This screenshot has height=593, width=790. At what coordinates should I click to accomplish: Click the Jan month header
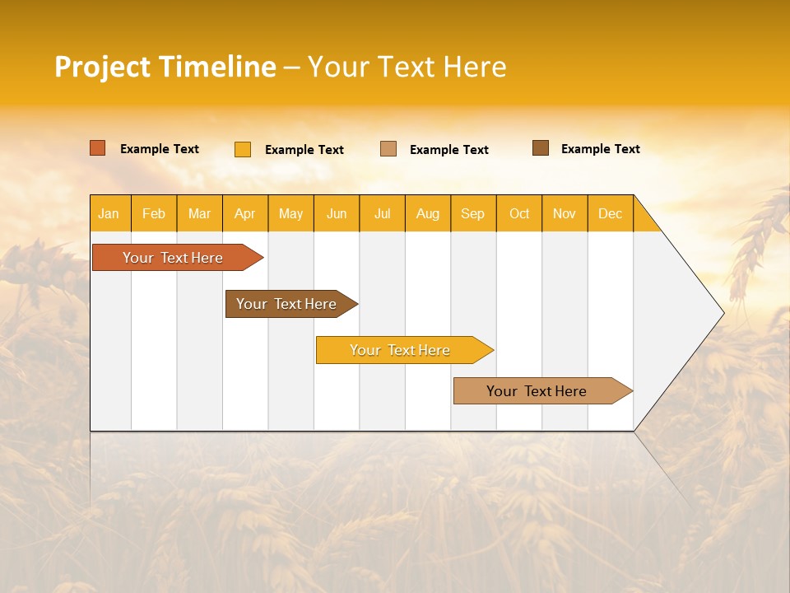point(109,213)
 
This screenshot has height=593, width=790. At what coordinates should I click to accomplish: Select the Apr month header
point(245,213)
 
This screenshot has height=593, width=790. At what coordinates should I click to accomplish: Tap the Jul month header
point(382,213)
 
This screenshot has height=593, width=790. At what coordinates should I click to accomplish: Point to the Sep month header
point(473,213)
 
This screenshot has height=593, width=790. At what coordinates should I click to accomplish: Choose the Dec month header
point(610,213)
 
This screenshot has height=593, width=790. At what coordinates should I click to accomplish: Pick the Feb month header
point(154,213)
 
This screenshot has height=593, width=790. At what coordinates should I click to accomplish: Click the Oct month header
point(519,213)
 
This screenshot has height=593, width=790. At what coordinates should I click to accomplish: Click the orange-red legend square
point(98,148)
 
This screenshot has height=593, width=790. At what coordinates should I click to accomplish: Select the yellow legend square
point(243,149)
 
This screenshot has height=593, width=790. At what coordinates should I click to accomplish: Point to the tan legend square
point(388,149)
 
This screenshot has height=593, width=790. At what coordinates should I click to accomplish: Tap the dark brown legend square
point(541,148)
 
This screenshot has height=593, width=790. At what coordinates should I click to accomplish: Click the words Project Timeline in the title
point(165,67)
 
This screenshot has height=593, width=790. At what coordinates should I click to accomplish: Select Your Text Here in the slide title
point(407,67)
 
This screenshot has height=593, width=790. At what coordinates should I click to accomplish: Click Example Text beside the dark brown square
point(600,149)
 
